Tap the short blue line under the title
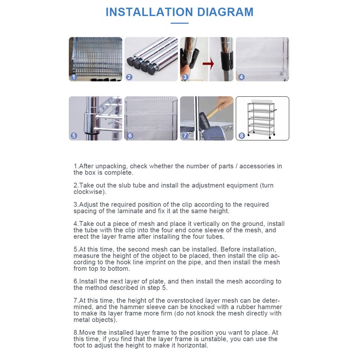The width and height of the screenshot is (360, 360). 180,23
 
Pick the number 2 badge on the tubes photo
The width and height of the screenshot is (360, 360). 129,77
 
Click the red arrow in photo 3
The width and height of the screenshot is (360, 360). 208,64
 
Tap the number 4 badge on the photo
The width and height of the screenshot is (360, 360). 241,77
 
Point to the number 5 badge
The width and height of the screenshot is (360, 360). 74,135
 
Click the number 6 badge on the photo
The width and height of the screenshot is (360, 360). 130,135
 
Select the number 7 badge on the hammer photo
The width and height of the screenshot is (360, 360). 185,135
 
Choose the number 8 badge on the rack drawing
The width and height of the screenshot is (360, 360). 242,135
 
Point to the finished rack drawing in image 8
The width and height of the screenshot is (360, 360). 263,118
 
